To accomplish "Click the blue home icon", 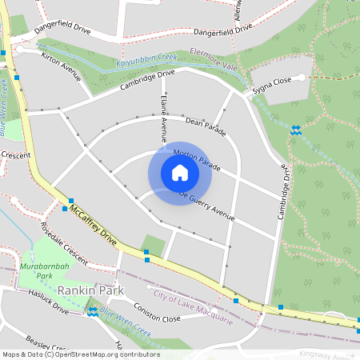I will (180, 172).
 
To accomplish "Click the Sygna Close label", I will (272, 82).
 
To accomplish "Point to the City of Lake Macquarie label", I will (194, 310).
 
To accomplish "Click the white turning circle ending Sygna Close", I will (302, 78).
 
